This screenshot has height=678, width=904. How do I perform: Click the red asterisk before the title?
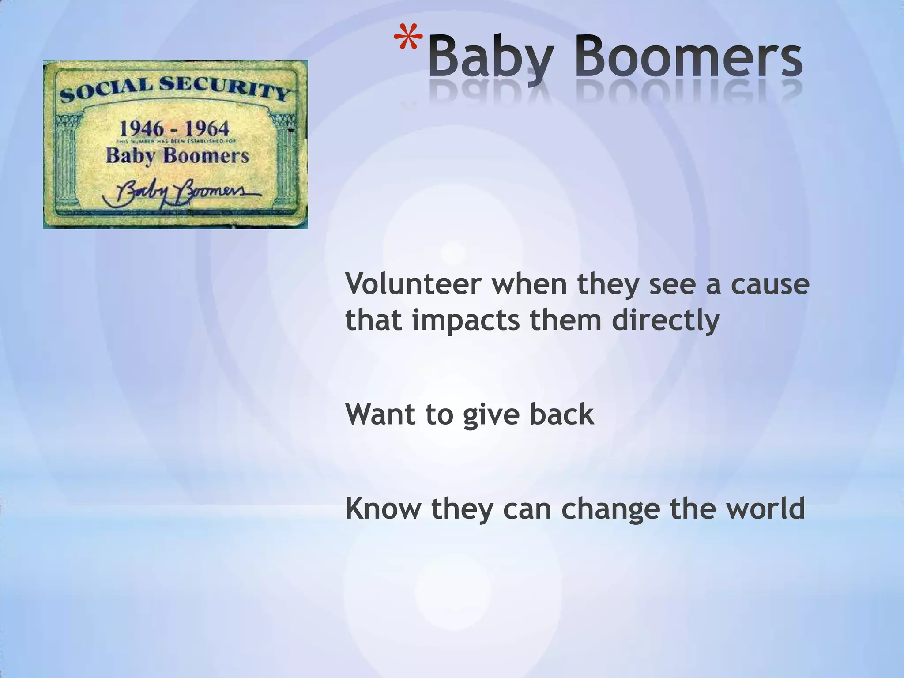click(x=407, y=40)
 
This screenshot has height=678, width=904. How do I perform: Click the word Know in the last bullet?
click(x=383, y=508)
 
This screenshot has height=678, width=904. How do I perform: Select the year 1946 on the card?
click(x=142, y=129)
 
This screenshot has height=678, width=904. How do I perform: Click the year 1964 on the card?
click(x=207, y=129)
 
